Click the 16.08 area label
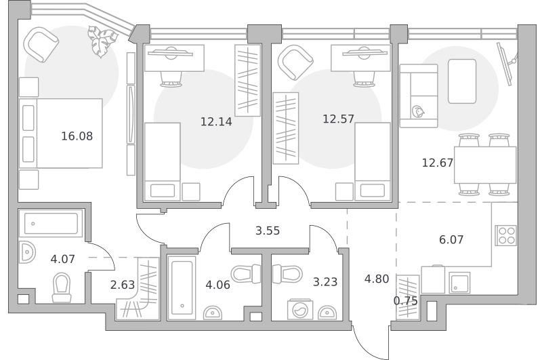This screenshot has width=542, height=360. pyautogui.click(x=77, y=136)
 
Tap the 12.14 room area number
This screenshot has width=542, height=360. pyautogui.click(x=216, y=122)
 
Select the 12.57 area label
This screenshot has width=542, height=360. pyautogui.click(x=338, y=119)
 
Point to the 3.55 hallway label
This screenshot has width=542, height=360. pyautogui.click(x=268, y=231)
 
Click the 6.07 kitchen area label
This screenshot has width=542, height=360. pyautogui.click(x=451, y=239)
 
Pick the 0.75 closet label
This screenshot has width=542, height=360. pyautogui.click(x=405, y=301)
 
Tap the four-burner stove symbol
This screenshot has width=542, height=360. pyautogui.click(x=505, y=235)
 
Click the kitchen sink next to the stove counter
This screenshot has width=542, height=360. pyautogui.click(x=459, y=283)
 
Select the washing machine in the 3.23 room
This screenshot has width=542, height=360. pyautogui.click(x=300, y=310)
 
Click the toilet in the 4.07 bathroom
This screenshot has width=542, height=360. pyautogui.click(x=62, y=287)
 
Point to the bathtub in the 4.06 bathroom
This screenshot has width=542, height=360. pyautogui.click(x=182, y=287)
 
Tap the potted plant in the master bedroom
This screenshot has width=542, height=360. pyautogui.click(x=102, y=41)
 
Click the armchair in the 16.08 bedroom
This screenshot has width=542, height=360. pyautogui.click(x=41, y=45)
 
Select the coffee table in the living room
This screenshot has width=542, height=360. pyautogui.click(x=462, y=81)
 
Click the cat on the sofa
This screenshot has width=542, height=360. pyautogui.click(x=418, y=112)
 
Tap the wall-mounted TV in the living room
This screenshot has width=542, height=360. pyautogui.click(x=507, y=63)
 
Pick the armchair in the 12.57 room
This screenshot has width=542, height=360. pyautogui.click(x=295, y=62)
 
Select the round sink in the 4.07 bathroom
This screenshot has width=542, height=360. pyautogui.click(x=27, y=252)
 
